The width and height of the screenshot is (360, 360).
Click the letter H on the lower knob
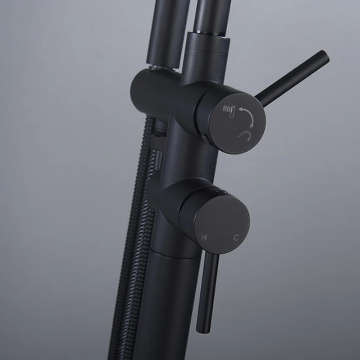(x=204, y=237)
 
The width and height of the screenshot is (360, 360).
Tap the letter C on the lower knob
(x=236, y=238)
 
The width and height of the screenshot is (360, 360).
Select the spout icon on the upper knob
(x=244, y=135)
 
